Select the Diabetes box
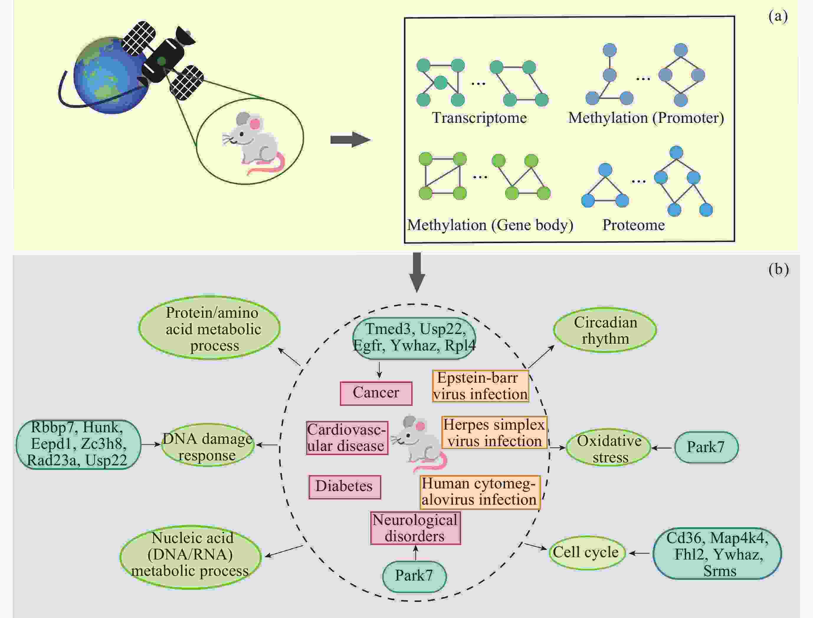(x=344, y=487)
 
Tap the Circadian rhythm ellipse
(x=605, y=330)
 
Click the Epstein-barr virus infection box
(x=480, y=386)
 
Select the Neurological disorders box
(x=415, y=528)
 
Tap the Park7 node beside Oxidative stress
(x=706, y=447)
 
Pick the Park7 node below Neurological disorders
(x=414, y=576)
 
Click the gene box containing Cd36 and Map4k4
(x=717, y=554)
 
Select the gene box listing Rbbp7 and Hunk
(x=78, y=444)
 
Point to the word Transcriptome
(x=479, y=118)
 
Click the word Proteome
(x=633, y=225)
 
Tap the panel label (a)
(x=778, y=16)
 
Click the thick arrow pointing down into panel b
(x=417, y=272)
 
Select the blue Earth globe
(x=106, y=75)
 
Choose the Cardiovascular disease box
(x=347, y=438)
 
